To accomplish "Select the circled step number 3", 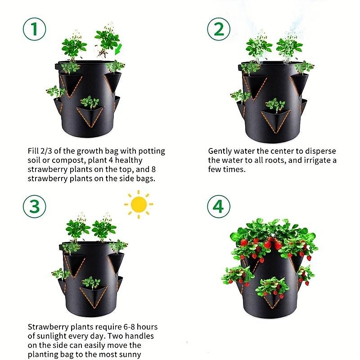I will (35, 207).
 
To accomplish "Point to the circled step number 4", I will (219, 207).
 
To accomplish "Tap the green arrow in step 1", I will (118, 49).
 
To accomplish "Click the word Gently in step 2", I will (220, 152).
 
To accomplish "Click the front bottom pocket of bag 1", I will (90, 116).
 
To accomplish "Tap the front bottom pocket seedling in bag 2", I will (275, 105).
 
